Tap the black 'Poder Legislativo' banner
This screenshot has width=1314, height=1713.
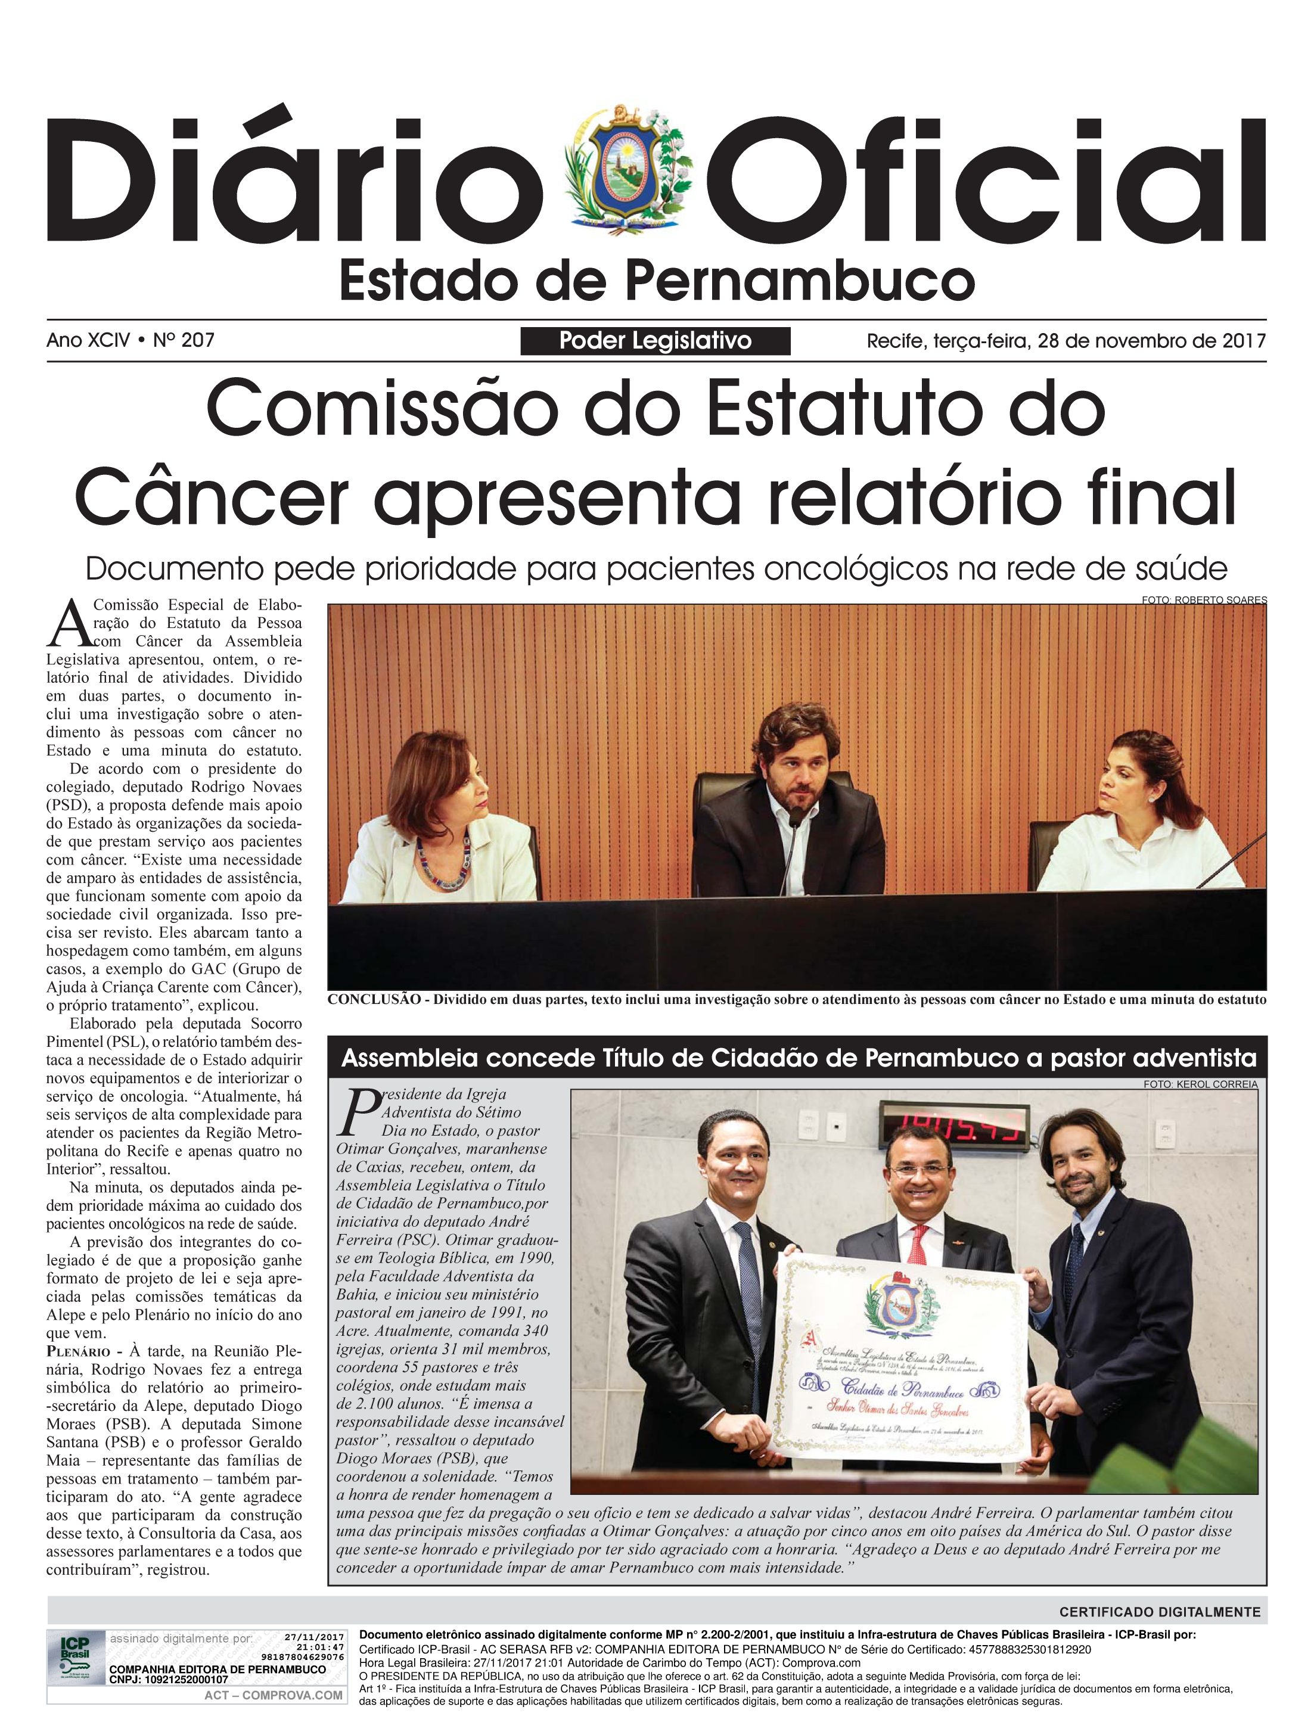(656, 341)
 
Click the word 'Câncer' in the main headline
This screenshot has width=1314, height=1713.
(211, 496)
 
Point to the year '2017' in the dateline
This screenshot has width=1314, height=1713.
(1244, 341)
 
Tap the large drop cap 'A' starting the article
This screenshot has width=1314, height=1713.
(67, 626)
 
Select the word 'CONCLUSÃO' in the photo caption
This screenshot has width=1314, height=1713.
(374, 1000)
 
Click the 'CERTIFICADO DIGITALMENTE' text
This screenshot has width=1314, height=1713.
(1160, 1611)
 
